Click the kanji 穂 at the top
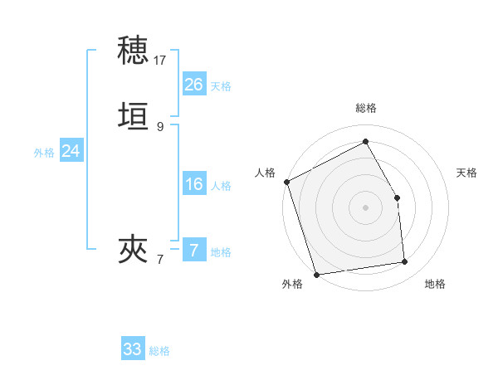134,51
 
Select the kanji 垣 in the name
134,115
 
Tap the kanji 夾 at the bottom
134,248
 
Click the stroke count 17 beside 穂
160,61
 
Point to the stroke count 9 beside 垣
160,126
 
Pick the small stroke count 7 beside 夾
160,260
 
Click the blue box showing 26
193,85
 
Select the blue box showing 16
193,184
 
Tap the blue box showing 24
71,151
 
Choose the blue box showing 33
133,349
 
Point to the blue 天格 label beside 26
221,86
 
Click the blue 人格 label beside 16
221,186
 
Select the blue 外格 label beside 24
44,153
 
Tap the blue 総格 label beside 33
159,351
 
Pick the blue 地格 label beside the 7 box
221,252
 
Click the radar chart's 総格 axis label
365,108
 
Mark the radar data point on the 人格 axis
286,182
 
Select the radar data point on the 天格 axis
397,197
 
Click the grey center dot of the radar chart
365,207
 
